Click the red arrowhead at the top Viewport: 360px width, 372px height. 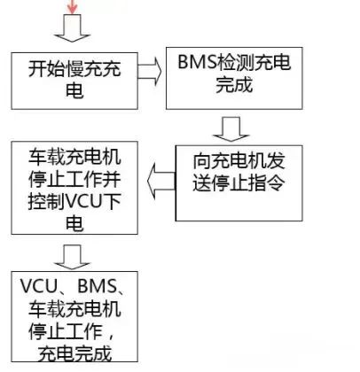[x=72, y=9]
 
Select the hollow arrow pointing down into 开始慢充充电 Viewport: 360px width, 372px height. [x=72, y=28]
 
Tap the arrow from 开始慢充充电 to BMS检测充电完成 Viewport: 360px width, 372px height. [x=150, y=71]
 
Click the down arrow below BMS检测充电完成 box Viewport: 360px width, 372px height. [x=231, y=129]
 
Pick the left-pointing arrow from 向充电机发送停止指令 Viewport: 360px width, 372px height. [x=161, y=181]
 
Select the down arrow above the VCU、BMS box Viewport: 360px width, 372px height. [x=72, y=257]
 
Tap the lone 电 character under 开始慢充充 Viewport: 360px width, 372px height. [x=74, y=89]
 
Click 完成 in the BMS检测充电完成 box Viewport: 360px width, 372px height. [x=234, y=84]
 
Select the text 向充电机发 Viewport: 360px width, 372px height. [x=239, y=161]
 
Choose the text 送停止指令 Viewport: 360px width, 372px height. [x=239, y=182]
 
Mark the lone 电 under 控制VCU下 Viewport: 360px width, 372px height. [x=74, y=223]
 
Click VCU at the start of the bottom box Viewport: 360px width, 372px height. [x=39, y=286]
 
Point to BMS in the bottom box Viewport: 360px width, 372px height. [x=97, y=286]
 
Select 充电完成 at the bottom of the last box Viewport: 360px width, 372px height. [x=74, y=353]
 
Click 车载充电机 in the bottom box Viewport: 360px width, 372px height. [x=74, y=308]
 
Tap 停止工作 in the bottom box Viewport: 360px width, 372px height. [x=66, y=331]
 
